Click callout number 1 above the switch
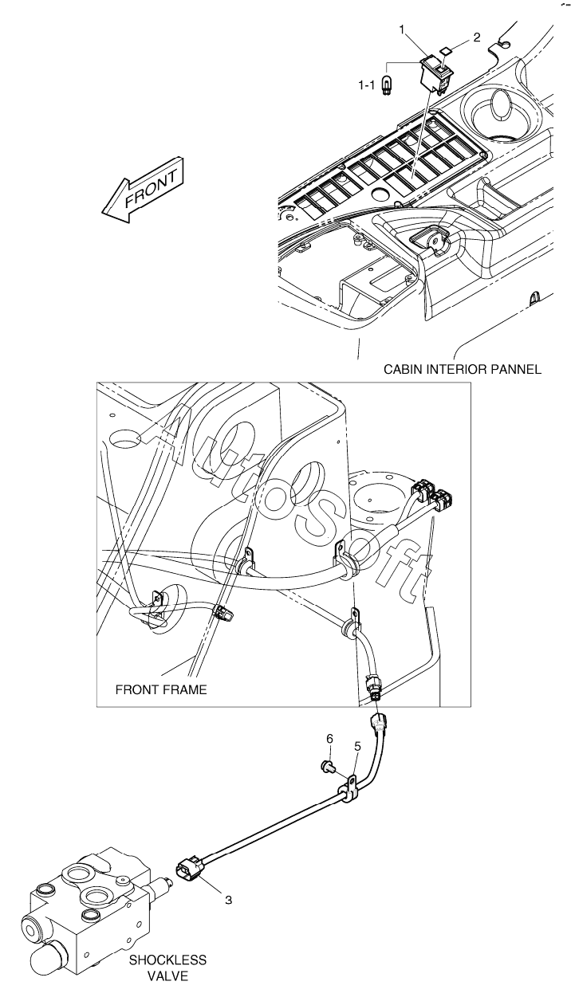pos(404,30)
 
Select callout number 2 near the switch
pos(476,37)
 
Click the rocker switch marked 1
pos(435,70)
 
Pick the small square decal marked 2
pos(447,48)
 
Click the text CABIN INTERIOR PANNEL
pos(463,369)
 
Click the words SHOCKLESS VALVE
pos(167,968)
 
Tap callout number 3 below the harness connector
pos(228,901)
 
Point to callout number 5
pos(357,747)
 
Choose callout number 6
pos(329,740)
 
